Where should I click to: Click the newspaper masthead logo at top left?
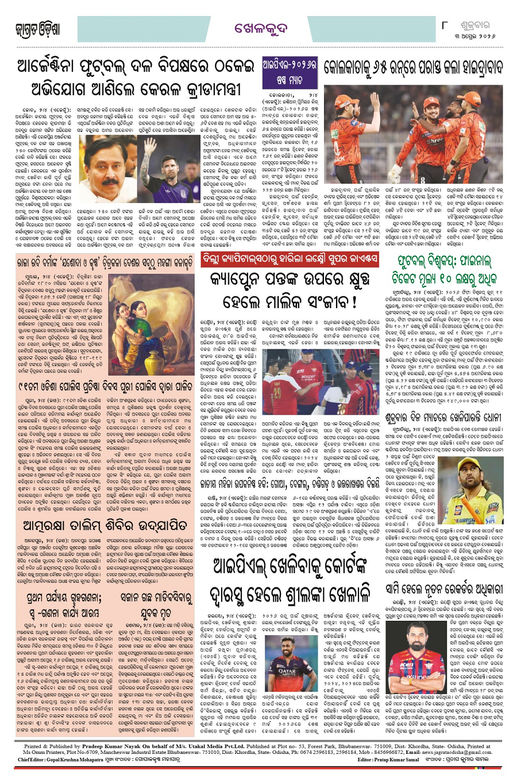coord(37,29)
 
